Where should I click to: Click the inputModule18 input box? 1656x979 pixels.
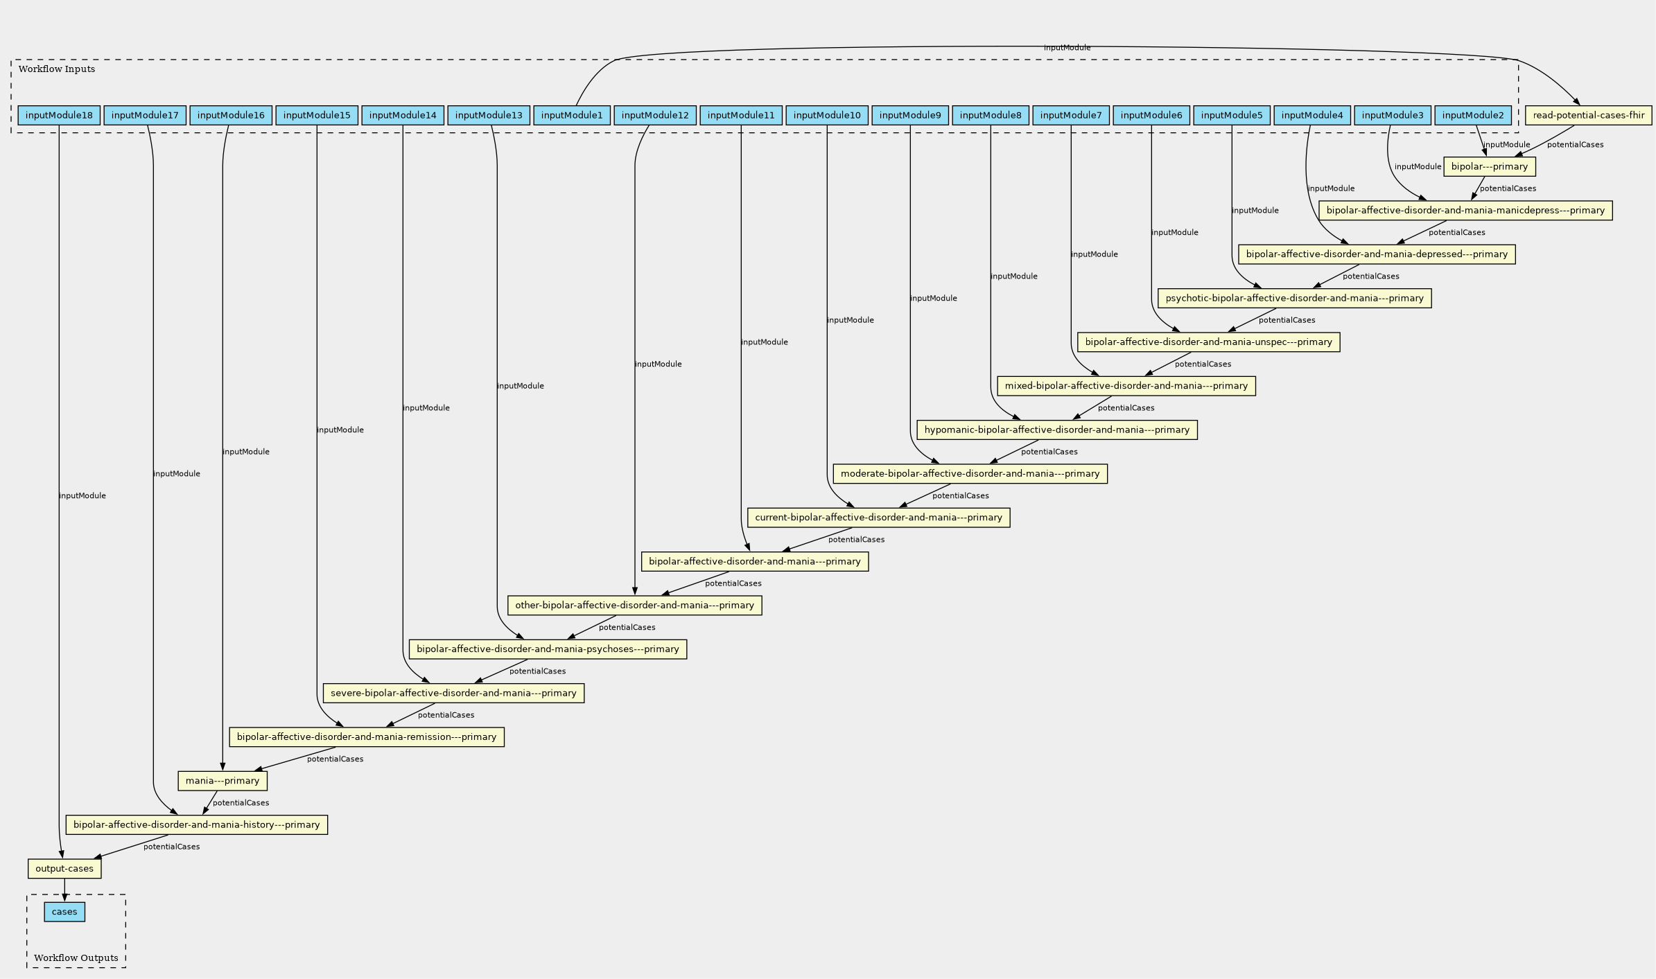click(x=59, y=115)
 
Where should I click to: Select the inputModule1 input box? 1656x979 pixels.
click(x=572, y=115)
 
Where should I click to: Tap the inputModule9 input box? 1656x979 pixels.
click(x=910, y=115)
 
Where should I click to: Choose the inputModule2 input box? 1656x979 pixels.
click(x=1473, y=115)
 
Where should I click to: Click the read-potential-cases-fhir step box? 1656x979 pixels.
click(x=1589, y=115)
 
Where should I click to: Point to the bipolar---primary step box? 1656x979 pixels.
click(x=1490, y=166)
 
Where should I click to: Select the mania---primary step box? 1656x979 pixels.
click(x=223, y=781)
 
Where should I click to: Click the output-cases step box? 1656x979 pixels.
click(x=64, y=869)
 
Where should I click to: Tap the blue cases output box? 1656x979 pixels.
click(x=64, y=912)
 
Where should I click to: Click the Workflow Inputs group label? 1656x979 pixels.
click(x=57, y=69)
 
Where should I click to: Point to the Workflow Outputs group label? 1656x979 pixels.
click(x=76, y=958)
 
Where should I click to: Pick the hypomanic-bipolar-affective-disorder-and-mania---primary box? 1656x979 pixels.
click(x=1057, y=430)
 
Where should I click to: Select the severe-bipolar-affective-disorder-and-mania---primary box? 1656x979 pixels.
click(x=453, y=693)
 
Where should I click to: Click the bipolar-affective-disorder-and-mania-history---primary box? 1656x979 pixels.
click(x=197, y=824)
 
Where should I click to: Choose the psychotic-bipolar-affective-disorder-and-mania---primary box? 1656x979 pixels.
click(x=1295, y=298)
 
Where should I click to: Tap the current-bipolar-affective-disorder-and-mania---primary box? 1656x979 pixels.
click(x=879, y=518)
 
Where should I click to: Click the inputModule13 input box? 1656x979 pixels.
click(x=489, y=115)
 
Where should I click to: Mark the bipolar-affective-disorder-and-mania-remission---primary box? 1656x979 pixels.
click(x=367, y=737)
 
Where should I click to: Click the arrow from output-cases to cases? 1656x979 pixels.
click(x=64, y=890)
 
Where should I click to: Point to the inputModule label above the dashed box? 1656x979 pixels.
click(x=1067, y=48)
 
